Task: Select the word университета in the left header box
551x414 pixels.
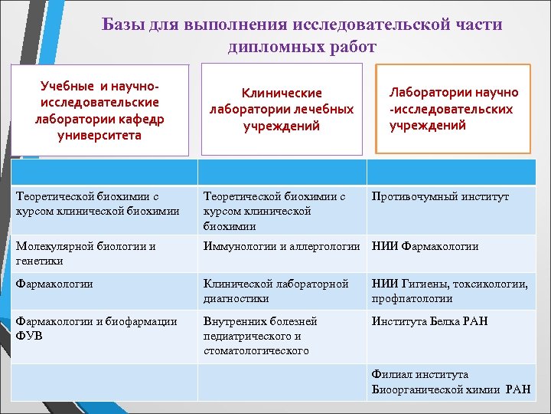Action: coord(99,136)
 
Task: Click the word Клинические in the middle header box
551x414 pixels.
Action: coord(282,93)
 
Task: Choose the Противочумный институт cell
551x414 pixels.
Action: coord(440,197)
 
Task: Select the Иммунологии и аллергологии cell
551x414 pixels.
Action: coord(281,246)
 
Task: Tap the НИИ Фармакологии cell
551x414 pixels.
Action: coord(425,246)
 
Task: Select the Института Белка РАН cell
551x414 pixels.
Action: coord(429,321)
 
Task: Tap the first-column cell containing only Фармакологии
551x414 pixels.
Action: coord(54,284)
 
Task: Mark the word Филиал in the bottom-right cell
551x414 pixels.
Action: coord(391,374)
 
